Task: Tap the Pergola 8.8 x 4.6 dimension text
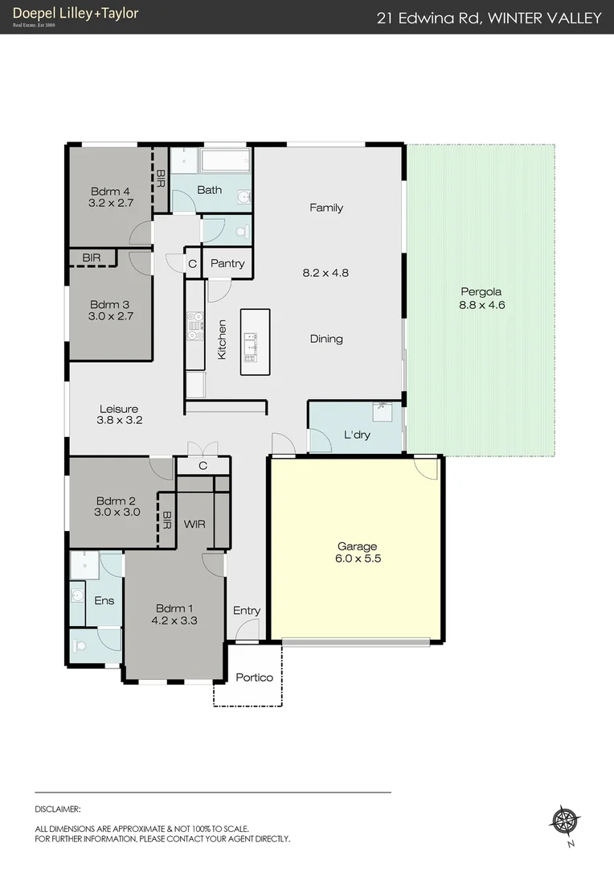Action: click(x=481, y=305)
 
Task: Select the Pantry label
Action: click(x=227, y=263)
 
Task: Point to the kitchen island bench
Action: click(x=255, y=342)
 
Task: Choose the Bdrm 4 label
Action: click(x=110, y=191)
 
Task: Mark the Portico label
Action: click(x=254, y=677)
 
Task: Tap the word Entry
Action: click(x=247, y=611)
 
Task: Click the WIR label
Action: click(x=194, y=524)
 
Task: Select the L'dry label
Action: click(x=356, y=435)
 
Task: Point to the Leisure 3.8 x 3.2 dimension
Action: click(x=119, y=420)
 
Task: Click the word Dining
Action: click(x=326, y=339)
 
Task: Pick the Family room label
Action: click(x=326, y=208)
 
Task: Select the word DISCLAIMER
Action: click(x=58, y=809)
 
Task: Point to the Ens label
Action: click(x=104, y=600)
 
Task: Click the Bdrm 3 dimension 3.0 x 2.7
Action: click(x=111, y=316)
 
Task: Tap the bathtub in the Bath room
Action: click(x=226, y=161)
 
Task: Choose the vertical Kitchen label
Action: click(x=223, y=339)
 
